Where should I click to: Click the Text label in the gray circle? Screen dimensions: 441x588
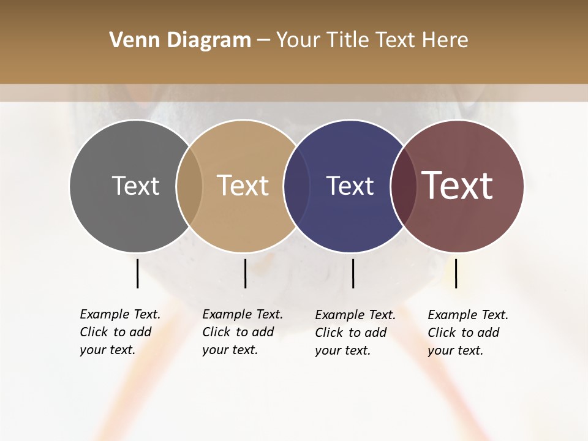pyautogui.click(x=135, y=186)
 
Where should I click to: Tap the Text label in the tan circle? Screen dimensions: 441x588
pyautogui.click(x=243, y=186)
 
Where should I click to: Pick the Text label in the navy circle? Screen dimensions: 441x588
pyautogui.click(x=350, y=186)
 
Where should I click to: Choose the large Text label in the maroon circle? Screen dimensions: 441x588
pyautogui.click(x=458, y=186)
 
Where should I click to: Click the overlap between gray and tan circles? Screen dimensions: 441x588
pyautogui.click(x=189, y=186)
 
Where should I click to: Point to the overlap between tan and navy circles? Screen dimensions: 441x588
pyautogui.click(x=296, y=186)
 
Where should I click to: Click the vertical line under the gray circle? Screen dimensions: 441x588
pyautogui.click(x=137, y=273)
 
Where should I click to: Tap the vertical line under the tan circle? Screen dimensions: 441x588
pyautogui.click(x=245, y=273)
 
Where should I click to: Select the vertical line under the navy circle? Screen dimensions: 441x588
pyautogui.click(x=353, y=273)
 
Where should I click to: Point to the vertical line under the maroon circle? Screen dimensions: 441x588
pyautogui.click(x=456, y=273)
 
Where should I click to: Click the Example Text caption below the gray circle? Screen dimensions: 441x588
pyautogui.click(x=120, y=332)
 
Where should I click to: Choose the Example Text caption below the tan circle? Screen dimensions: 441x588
pyautogui.click(x=243, y=332)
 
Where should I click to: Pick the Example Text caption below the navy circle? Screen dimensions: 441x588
pyautogui.click(x=355, y=333)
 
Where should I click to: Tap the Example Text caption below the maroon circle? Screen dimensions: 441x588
pyautogui.click(x=468, y=333)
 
